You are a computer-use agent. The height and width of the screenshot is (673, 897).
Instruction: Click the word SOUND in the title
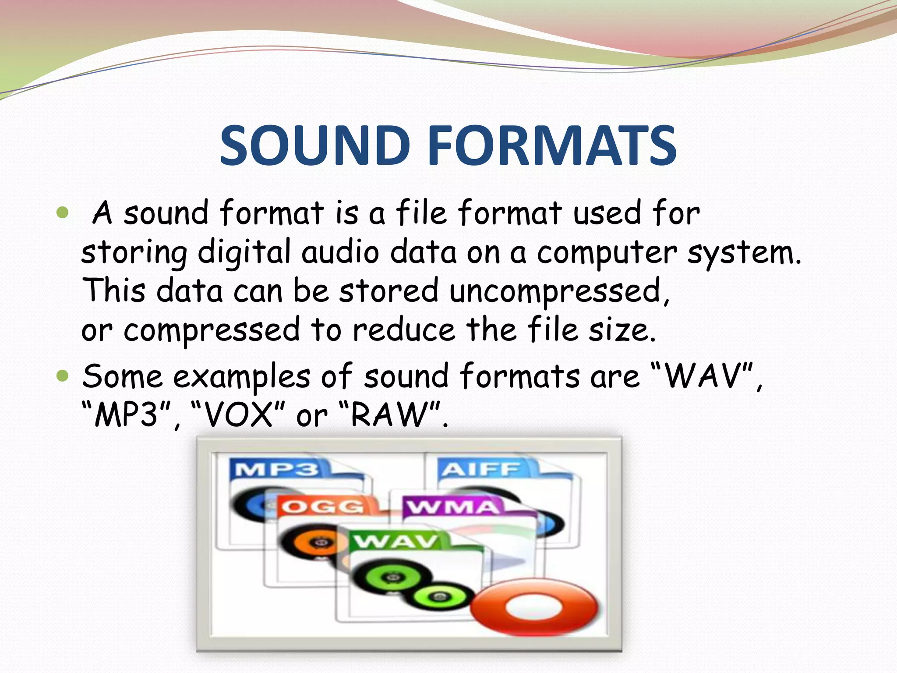click(314, 145)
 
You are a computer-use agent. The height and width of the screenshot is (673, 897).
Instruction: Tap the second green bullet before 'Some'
click(63, 375)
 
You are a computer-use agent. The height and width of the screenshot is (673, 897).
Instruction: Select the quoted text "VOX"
click(239, 414)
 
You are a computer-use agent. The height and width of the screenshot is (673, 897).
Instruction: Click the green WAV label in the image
click(396, 542)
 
